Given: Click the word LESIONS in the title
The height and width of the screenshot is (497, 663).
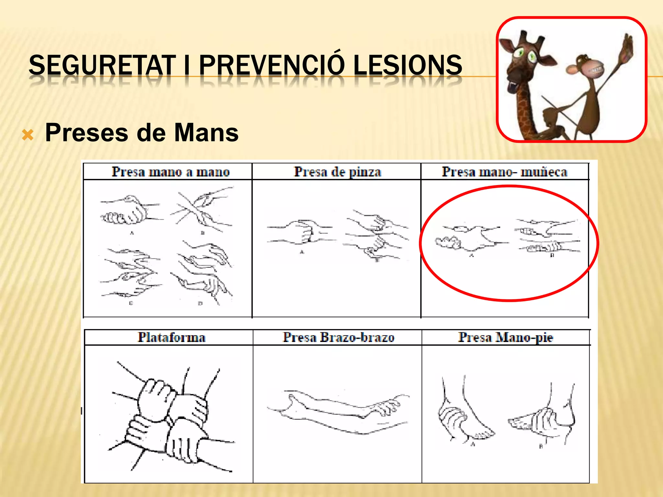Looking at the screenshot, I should coord(408,65).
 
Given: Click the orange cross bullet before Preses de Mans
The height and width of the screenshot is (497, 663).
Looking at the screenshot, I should coord(28,135).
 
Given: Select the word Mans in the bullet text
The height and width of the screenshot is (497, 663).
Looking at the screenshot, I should coord(206,133).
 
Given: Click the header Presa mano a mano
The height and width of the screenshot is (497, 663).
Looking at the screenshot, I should coord(171,171).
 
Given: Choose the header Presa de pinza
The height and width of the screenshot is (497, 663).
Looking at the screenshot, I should coord(337,171).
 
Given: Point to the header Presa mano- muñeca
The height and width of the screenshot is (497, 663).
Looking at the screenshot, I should coord(504,171).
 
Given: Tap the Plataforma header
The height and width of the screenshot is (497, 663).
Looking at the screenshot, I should coord(172,337).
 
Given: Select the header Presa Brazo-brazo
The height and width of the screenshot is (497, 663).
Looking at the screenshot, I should coord(339,337).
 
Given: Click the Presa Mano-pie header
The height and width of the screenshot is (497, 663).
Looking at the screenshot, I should coord(505,337).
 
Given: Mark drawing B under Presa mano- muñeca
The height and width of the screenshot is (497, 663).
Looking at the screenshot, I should coord(547,236).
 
